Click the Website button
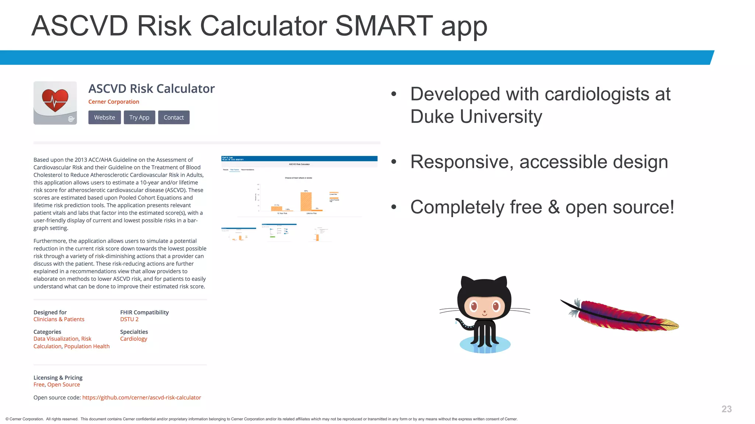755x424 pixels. [104, 117]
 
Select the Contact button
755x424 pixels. [174, 117]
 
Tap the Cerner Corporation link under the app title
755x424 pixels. [114, 102]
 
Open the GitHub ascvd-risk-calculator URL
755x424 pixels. [142, 397]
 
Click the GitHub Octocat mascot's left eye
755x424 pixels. [473, 305]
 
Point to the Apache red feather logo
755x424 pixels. [623, 316]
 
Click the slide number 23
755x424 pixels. [726, 409]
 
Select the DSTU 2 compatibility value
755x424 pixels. [129, 319]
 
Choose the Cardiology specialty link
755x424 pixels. [133, 339]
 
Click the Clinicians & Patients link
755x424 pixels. [59, 319]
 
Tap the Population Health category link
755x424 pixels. [87, 346]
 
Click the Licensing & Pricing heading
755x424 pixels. [58, 378]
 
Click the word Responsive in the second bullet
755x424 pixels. [461, 162]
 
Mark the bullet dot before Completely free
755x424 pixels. [394, 207]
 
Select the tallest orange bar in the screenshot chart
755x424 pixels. [306, 201]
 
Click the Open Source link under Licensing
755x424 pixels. [63, 385]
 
